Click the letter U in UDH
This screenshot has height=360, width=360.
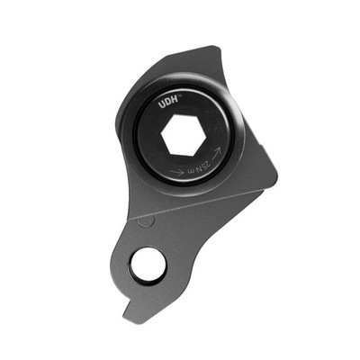pyautogui.click(x=161, y=106)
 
